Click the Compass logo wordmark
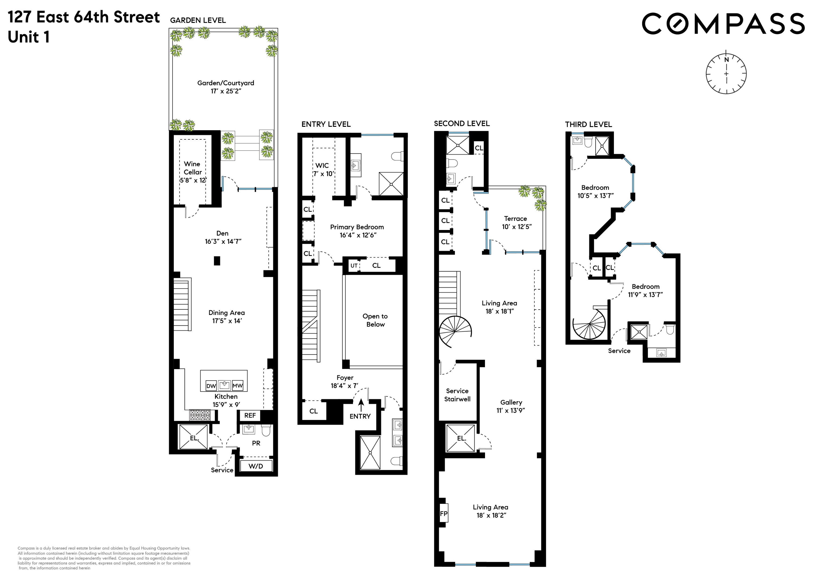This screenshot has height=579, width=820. click(723, 24)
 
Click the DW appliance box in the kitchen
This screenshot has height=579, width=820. click(211, 386)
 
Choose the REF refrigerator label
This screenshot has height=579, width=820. click(250, 415)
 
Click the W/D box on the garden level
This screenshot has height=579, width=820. click(256, 466)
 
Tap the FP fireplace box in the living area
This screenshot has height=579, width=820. click(444, 514)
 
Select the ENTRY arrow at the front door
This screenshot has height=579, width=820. click(361, 405)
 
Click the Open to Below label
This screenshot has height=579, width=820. click(375, 320)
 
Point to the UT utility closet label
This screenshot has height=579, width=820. click(354, 265)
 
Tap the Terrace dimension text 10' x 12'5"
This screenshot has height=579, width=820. click(516, 227)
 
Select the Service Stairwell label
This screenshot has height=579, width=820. click(457, 395)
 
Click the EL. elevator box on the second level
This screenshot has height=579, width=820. click(461, 438)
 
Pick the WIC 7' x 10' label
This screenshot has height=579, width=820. click(323, 170)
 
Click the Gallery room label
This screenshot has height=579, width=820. click(511, 402)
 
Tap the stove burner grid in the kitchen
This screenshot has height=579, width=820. click(200, 415)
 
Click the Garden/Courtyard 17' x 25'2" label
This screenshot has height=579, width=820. click(226, 87)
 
